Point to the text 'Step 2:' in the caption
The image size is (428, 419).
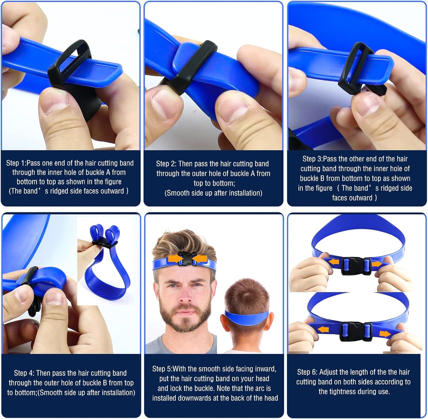tap(166, 164)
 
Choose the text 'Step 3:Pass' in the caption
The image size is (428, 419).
tap(319, 159)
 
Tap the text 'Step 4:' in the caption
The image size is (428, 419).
tap(24, 373)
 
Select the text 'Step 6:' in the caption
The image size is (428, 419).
tap(307, 372)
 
